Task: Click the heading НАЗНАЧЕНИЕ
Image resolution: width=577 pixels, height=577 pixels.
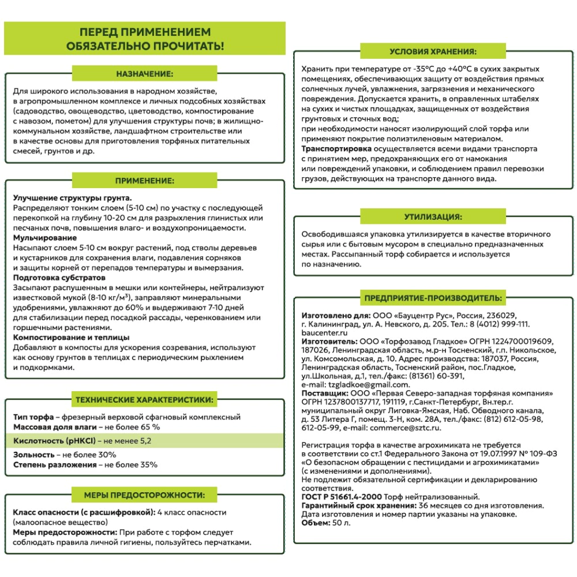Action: [x=145, y=74]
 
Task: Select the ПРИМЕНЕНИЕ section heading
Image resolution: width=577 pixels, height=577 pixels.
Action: [x=145, y=181]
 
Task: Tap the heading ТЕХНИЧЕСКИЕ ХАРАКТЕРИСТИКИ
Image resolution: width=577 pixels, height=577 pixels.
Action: [x=145, y=399]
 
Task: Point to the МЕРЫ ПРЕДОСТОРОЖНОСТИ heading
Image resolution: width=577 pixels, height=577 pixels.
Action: [x=145, y=495]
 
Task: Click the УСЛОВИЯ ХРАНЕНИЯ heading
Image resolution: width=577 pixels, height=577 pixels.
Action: [x=433, y=50]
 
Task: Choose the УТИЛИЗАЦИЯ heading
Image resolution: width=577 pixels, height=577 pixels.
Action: [x=433, y=218]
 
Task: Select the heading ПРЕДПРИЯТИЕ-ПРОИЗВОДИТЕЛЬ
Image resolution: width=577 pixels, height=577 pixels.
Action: [x=433, y=298]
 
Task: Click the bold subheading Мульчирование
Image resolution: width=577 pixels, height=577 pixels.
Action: [x=45, y=238]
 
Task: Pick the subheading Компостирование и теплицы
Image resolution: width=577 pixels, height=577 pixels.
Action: [x=71, y=337]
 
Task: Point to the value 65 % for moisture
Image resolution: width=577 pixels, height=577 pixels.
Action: [x=148, y=427]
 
